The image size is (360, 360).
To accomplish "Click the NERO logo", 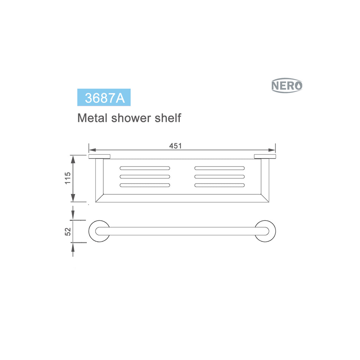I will tap(287, 85).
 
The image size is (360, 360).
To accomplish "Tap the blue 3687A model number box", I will tap(104, 97).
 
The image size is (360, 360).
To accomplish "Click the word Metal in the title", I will tap(92, 118).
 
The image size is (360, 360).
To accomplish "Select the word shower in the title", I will tap(131, 118).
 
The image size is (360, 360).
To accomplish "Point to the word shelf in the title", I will tap(168, 118).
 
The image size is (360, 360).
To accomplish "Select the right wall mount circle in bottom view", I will tap(265, 231).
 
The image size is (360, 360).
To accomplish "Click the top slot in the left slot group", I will tap(145, 168).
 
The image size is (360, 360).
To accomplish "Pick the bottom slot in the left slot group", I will tap(145, 185).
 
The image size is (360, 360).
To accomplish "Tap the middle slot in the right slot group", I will tap(219, 176).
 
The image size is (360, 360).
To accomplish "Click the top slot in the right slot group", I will tap(219, 168).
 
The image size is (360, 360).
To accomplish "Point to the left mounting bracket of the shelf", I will tap(99, 156).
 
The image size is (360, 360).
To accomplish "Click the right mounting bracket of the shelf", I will tap(265, 156).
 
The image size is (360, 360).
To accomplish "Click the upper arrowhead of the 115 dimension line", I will tap(73, 159).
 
